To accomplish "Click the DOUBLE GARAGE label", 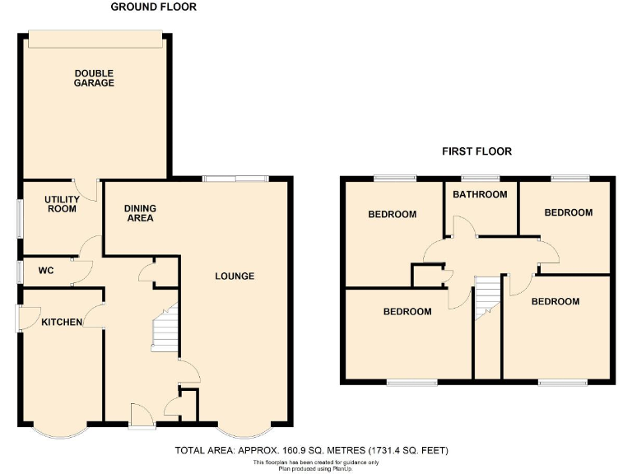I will coord(94,77).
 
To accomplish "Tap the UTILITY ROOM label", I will coord(61,204).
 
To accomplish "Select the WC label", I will coord(45,270).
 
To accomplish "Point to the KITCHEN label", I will coord(62,322).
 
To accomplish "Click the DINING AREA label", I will coord(140,213).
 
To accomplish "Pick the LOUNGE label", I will coord(235,276).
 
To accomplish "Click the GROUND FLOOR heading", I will coord(154,7).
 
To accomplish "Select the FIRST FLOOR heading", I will coord(476,151).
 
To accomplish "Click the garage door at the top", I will coord(94,34).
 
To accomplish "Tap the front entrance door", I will coord(141,416).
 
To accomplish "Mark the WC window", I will coord(19,272).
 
